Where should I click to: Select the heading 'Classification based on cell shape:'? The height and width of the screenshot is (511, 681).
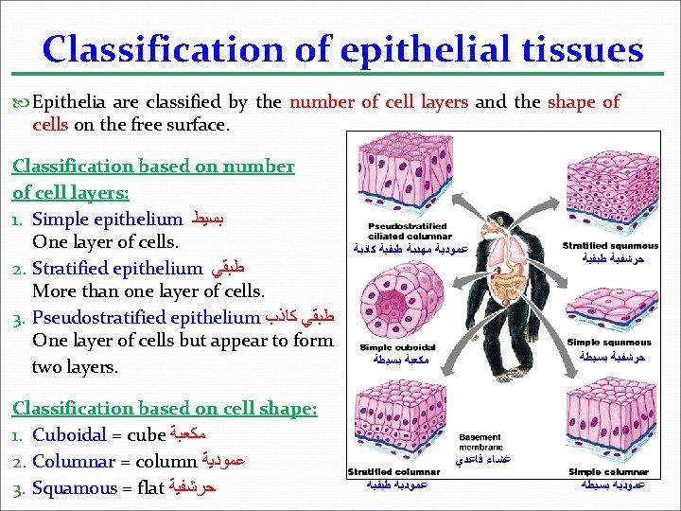[165, 408]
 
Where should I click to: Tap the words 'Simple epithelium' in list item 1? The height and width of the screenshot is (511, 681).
[107, 220]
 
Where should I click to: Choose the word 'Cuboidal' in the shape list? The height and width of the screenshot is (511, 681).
[69, 435]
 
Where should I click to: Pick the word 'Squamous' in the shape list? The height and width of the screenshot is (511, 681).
[76, 488]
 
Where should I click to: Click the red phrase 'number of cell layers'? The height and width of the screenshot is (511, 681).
[378, 102]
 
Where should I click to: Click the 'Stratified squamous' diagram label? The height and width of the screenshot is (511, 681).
[610, 246]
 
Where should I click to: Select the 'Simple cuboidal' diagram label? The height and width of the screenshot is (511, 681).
[393, 348]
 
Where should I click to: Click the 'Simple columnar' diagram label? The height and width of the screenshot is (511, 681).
[610, 471]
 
